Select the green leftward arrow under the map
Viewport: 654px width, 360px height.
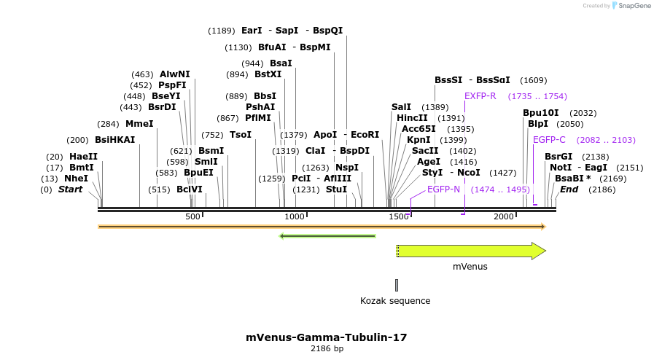[327, 236]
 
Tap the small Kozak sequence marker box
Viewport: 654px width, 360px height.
[397, 285]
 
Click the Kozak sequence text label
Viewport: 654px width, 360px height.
[395, 301]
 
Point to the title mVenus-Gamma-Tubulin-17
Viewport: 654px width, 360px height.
[326, 337]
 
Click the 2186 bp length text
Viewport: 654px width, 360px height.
[327, 349]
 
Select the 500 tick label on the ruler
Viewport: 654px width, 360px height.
[192, 217]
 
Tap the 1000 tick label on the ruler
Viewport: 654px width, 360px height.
[295, 217]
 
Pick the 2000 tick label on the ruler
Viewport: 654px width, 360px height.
[504, 217]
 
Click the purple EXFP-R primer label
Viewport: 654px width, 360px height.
[480, 96]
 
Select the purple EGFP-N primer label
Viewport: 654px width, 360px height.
[443, 189]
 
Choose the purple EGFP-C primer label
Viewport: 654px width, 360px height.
[549, 140]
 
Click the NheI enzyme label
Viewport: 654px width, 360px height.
[76, 179]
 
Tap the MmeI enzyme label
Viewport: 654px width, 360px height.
[139, 124]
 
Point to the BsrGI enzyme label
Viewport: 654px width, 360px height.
[558, 157]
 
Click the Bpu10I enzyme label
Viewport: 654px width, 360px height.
[541, 113]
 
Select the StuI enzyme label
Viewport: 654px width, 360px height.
[336, 189]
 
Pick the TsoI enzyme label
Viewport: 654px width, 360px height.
[240, 135]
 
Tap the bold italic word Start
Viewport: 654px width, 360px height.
[70, 189]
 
